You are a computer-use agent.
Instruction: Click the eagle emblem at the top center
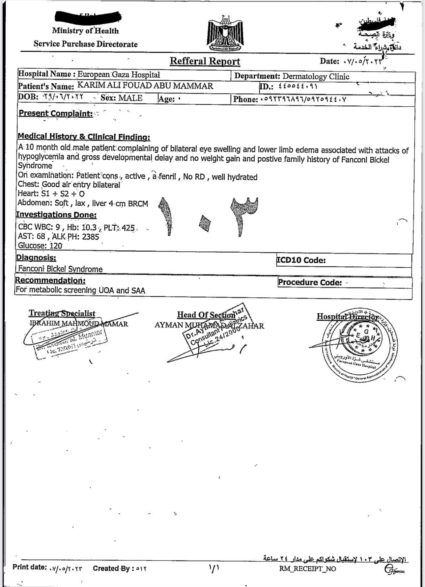pyautogui.click(x=226, y=33)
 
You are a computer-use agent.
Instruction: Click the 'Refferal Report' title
pyautogui.click(x=205, y=61)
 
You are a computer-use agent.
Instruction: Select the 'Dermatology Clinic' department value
pyautogui.click(x=316, y=76)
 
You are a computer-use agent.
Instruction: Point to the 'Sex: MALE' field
pyautogui.click(x=122, y=98)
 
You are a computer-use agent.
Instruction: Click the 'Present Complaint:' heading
pyautogui.click(x=56, y=113)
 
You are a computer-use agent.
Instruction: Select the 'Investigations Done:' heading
pyautogui.click(x=56, y=215)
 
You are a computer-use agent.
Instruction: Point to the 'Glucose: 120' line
pyautogui.click(x=40, y=245)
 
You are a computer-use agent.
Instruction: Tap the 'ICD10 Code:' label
pyautogui.click(x=301, y=260)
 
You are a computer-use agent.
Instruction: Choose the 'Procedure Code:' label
pyautogui.click(x=310, y=282)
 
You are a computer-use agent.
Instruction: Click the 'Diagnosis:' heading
pyautogui.click(x=36, y=257)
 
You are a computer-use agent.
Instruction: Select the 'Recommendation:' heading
pyautogui.click(x=50, y=280)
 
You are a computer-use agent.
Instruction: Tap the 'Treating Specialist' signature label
pyautogui.click(x=62, y=313)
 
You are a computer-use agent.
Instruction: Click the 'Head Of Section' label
pyautogui.click(x=206, y=315)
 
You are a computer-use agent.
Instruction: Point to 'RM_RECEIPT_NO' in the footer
pyautogui.click(x=307, y=569)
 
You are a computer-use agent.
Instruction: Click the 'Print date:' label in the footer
pyautogui.click(x=30, y=567)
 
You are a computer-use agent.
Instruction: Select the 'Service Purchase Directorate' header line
pyautogui.click(x=86, y=44)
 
